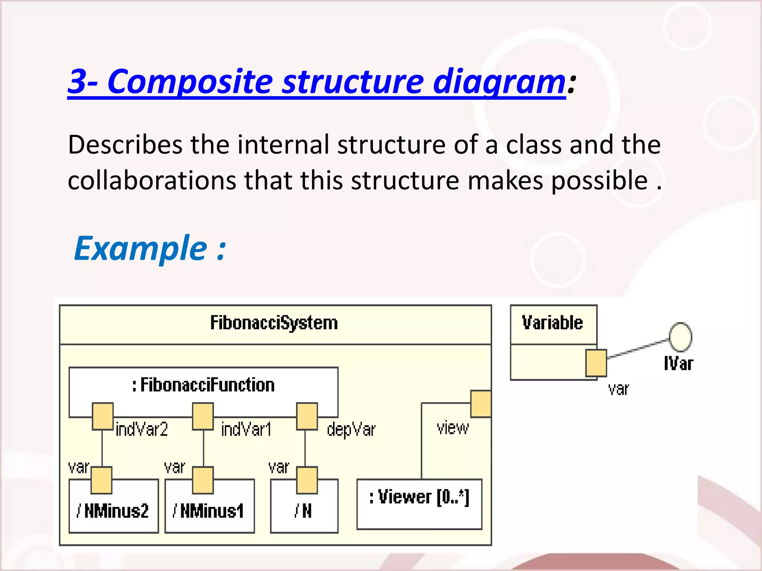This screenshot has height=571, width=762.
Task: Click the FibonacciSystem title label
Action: [274, 323]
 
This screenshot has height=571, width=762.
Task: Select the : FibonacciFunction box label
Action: [204, 385]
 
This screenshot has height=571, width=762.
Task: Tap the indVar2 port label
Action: [142, 429]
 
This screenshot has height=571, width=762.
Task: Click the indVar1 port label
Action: [246, 429]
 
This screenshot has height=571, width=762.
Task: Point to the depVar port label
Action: [351, 430]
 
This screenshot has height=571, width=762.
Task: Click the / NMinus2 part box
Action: [113, 511]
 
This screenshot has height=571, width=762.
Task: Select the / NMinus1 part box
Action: [209, 511]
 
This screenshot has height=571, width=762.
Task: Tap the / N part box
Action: [304, 512]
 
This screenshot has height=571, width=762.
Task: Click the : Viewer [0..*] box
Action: [419, 504]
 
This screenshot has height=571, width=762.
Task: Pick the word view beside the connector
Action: [452, 428]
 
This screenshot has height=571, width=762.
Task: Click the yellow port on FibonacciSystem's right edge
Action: [481, 404]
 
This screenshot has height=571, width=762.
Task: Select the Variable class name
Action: [553, 323]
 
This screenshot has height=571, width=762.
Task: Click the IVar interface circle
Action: [681, 337]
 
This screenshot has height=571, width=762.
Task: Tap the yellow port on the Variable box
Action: [596, 363]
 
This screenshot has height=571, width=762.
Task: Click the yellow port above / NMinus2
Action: [102, 480]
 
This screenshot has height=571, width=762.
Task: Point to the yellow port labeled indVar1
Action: [203, 416]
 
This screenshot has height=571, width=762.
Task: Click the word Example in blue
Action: [141, 248]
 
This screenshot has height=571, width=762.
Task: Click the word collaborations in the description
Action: [152, 181]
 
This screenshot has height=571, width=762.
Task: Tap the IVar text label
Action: [679, 364]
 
